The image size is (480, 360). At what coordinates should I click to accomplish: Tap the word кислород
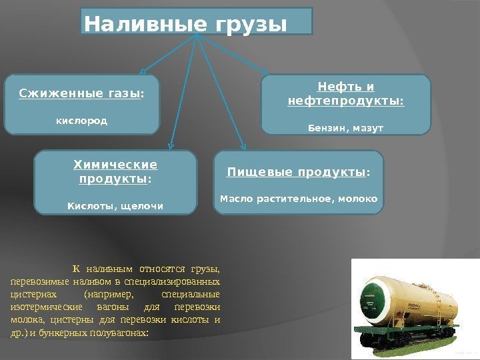pyautogui.click(x=81, y=122)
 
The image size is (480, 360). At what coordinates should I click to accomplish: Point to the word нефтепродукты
pyautogui.click(x=345, y=101)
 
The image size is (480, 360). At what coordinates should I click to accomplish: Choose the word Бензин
pyautogui.click(x=325, y=127)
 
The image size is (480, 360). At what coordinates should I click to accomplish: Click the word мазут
pyautogui.click(x=365, y=127)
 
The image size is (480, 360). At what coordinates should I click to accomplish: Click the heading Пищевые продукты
pyautogui.click(x=297, y=173)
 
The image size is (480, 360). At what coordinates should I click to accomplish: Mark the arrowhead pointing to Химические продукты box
pyautogui.click(x=172, y=141)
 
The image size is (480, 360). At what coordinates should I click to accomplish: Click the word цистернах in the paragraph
pyautogui.click(x=31, y=294)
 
